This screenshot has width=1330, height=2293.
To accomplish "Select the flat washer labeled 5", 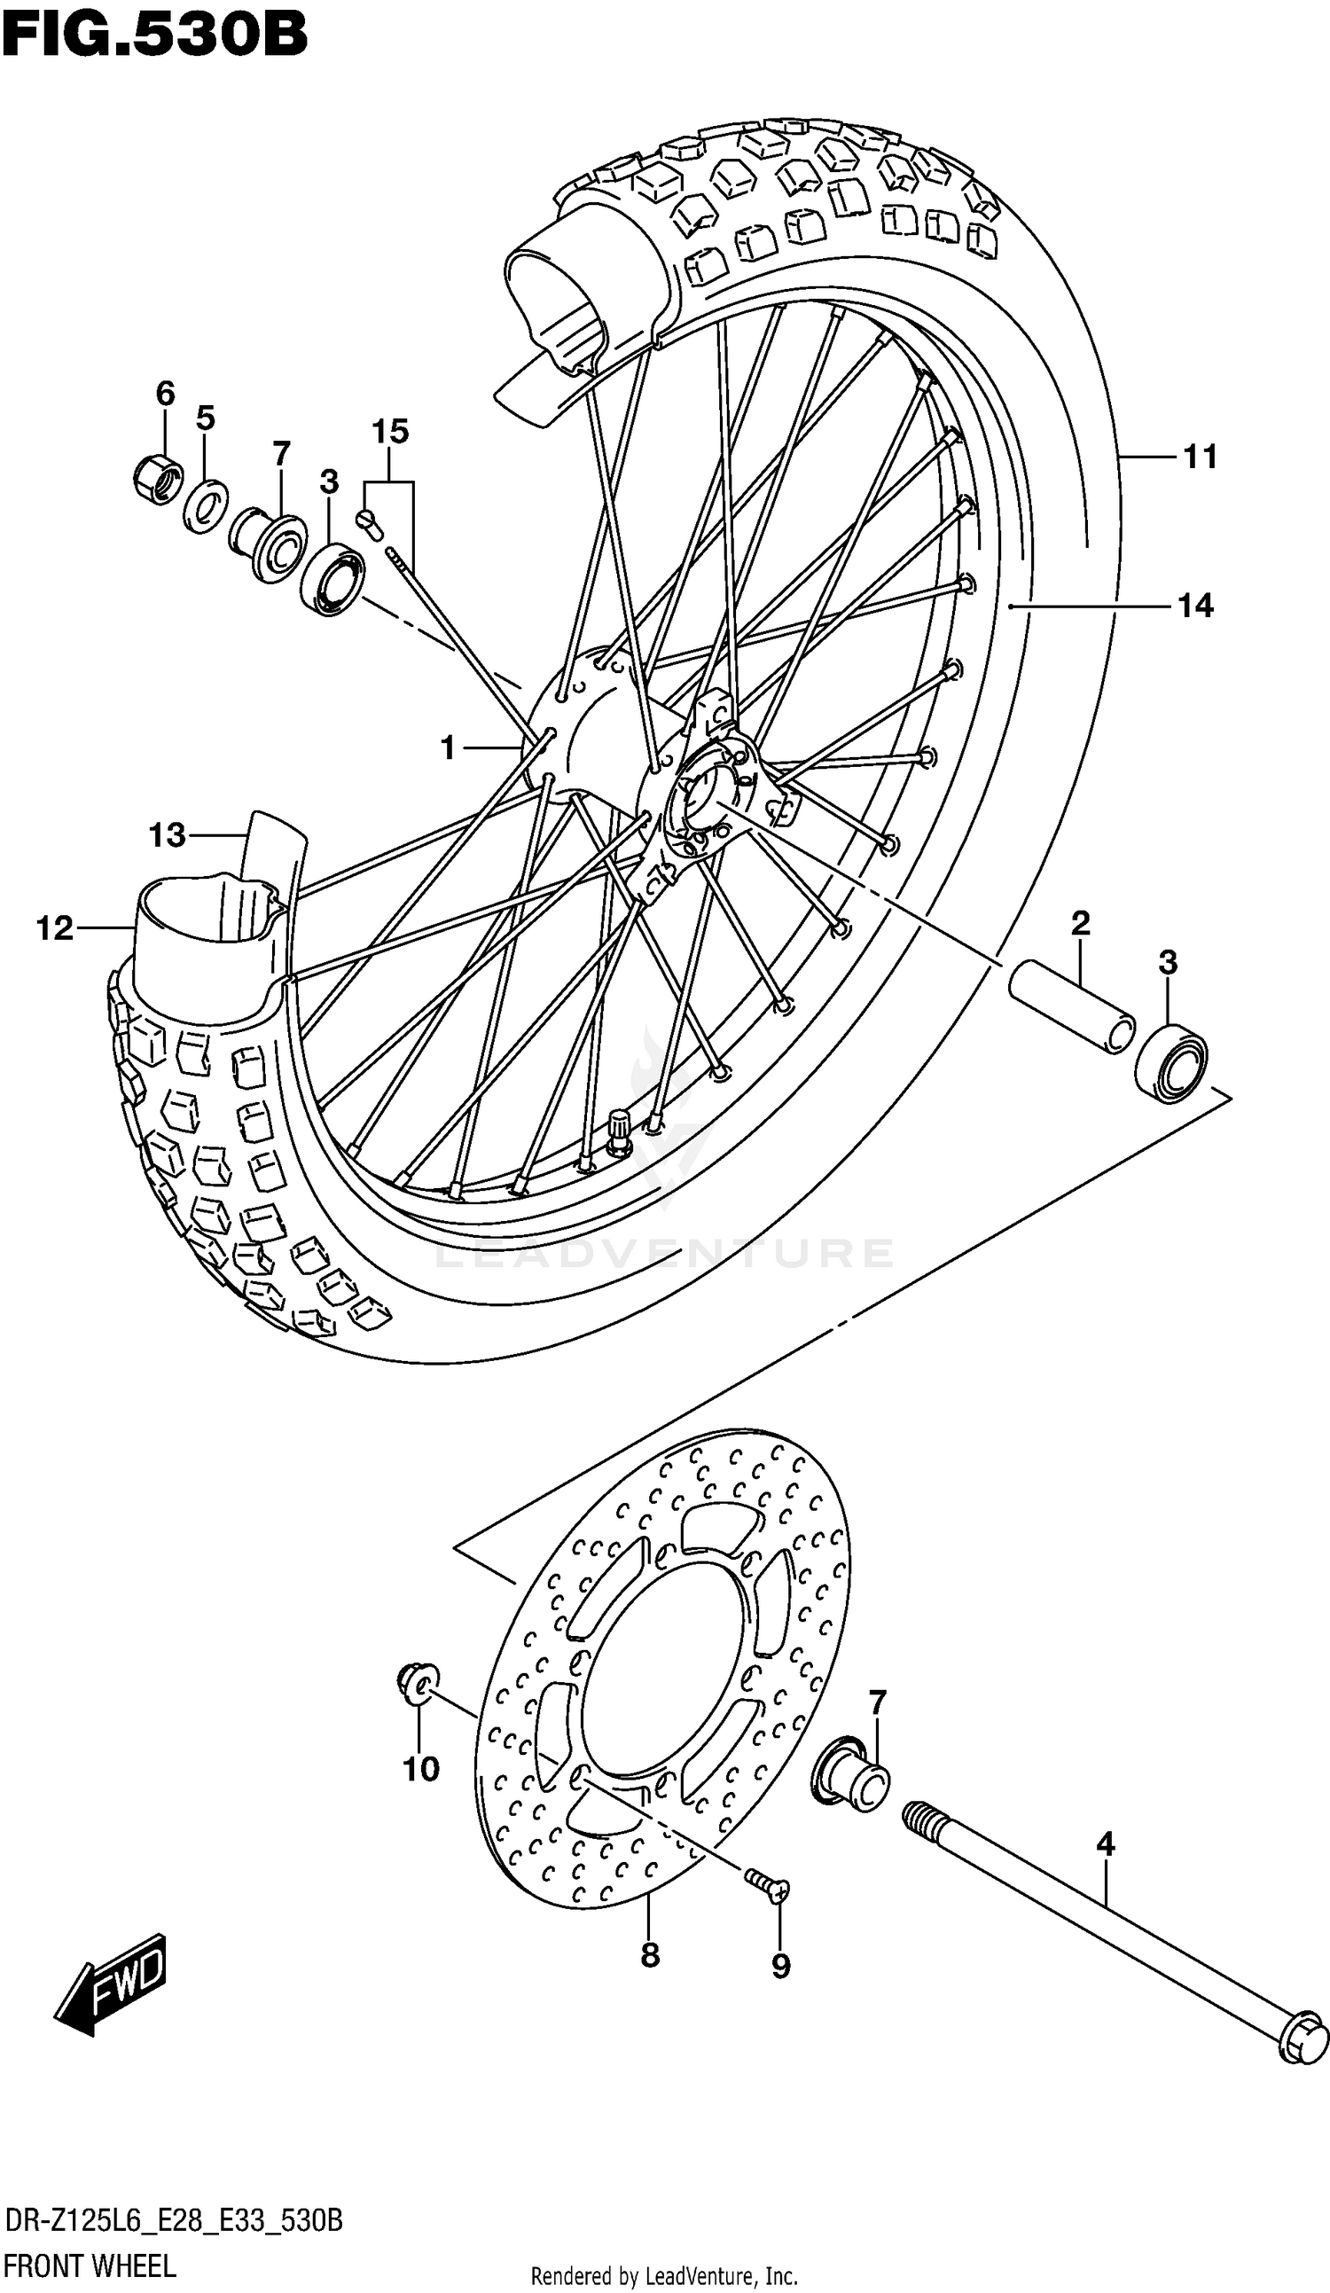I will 206,503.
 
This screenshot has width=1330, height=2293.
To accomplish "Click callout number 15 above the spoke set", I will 389,431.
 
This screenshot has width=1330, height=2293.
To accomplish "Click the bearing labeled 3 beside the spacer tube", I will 1171,1061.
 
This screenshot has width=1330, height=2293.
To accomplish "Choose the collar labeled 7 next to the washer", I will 268,548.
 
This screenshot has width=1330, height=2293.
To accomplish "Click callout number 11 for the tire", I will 1200,458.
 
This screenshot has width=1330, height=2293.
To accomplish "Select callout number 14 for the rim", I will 1195,606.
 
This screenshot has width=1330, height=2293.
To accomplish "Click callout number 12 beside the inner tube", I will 54,928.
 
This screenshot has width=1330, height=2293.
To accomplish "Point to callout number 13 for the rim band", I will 168,834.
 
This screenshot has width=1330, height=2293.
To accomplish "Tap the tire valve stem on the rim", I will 620,1133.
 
